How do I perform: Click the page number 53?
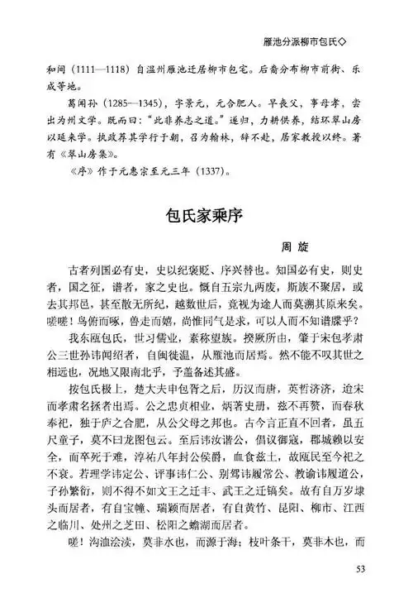click(359, 592)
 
